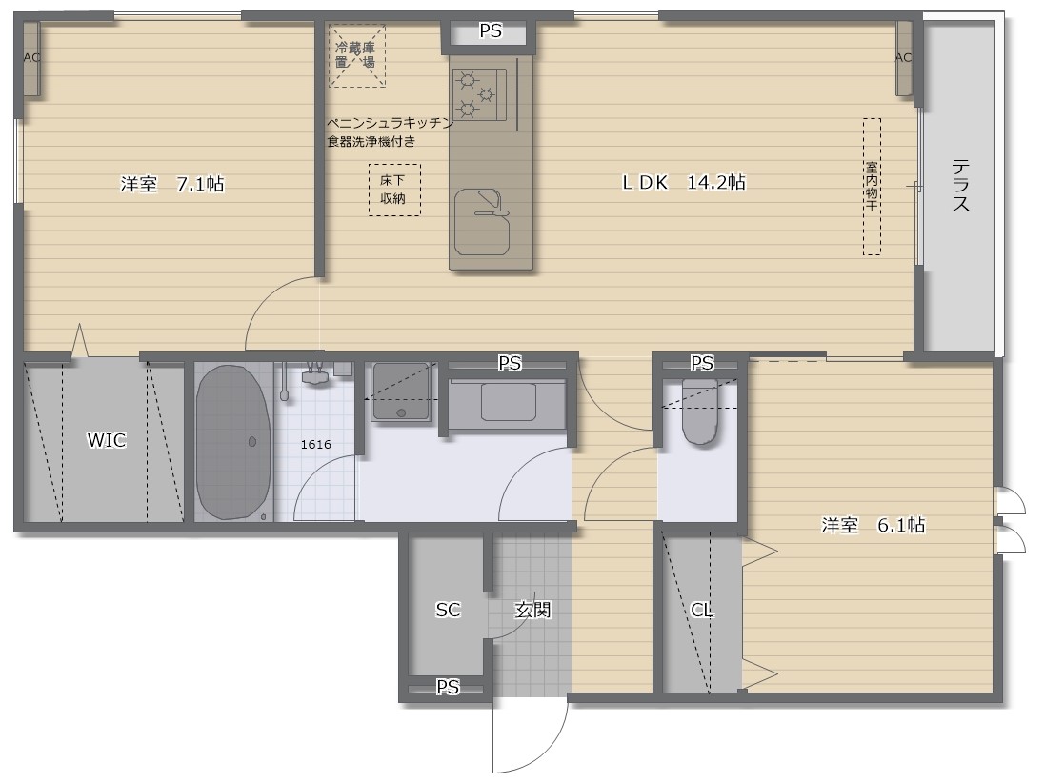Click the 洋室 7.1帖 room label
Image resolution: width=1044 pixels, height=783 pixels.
click(172, 185)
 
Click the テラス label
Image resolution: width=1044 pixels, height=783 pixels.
click(960, 185)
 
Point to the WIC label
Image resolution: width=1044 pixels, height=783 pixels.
click(106, 440)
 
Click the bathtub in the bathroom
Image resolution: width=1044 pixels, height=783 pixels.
click(233, 441)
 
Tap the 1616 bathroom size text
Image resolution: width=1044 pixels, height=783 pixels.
click(315, 444)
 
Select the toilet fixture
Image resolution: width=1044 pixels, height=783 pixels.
click(699, 412)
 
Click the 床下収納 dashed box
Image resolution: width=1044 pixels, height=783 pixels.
click(394, 190)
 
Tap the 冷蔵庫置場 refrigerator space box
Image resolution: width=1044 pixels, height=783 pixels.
click(356, 54)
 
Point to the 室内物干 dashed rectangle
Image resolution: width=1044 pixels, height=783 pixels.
click(872, 186)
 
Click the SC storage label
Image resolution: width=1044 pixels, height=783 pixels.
click(448, 610)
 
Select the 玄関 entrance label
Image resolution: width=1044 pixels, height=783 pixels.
click(532, 610)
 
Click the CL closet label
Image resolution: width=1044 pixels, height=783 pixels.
click(703, 610)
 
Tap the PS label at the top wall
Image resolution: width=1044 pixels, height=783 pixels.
click(490, 31)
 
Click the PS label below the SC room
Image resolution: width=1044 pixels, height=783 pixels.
click(448, 687)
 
